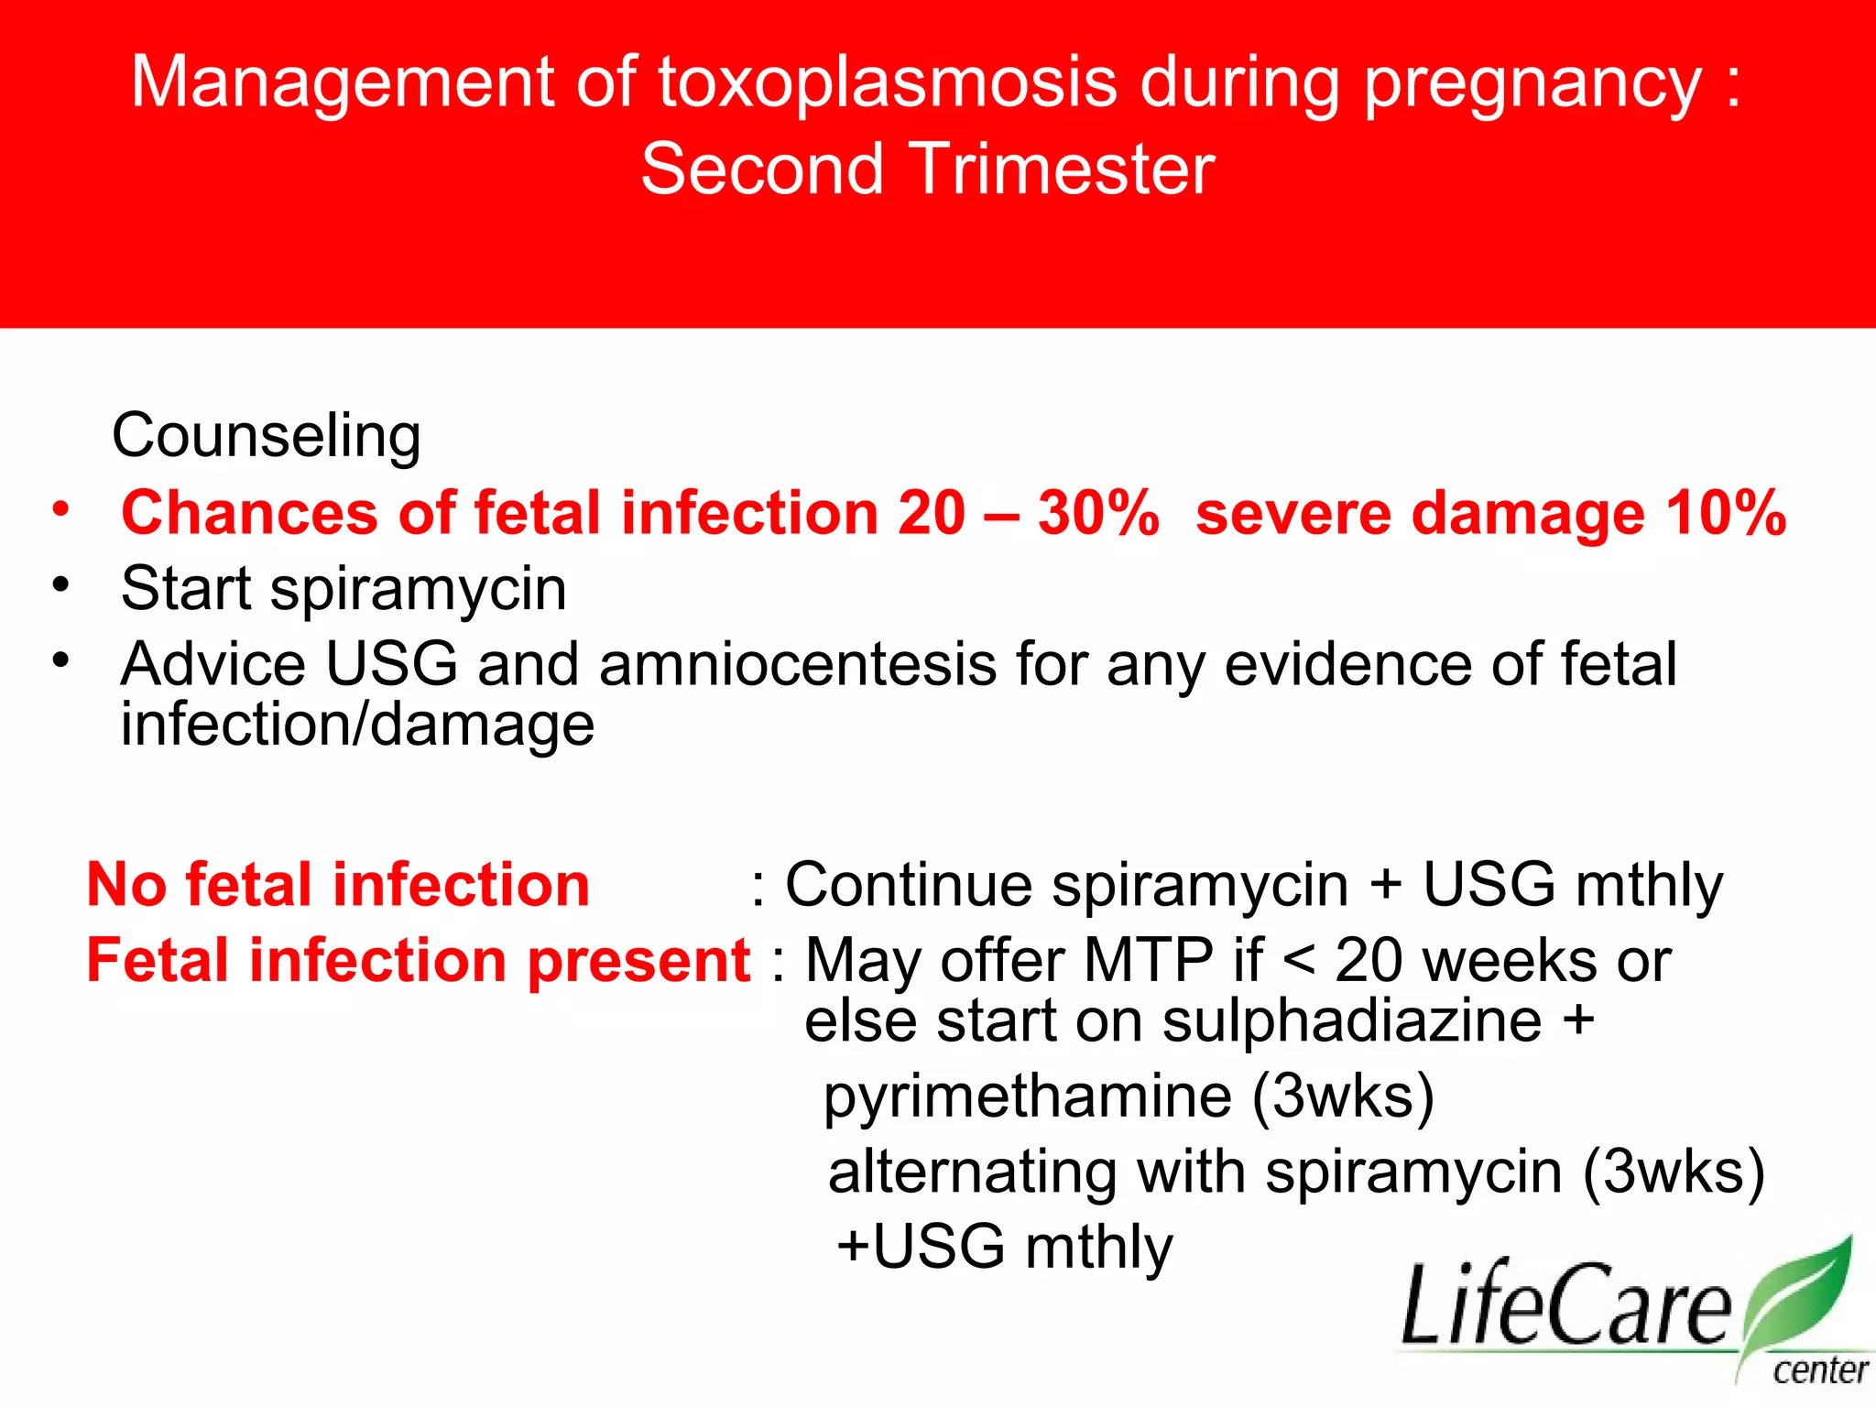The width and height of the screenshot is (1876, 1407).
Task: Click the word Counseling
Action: click(267, 436)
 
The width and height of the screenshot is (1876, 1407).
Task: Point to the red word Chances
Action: click(249, 513)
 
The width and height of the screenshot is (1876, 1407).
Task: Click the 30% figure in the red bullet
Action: click(1097, 513)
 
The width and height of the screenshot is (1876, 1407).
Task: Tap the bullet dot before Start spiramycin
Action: click(60, 584)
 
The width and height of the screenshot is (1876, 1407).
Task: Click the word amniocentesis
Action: click(797, 664)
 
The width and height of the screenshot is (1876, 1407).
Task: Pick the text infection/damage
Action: click(357, 726)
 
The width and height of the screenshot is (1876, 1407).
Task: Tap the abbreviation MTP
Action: click(1149, 961)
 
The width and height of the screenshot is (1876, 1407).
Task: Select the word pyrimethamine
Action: click(1027, 1097)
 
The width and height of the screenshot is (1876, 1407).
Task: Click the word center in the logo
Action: click(1819, 1371)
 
